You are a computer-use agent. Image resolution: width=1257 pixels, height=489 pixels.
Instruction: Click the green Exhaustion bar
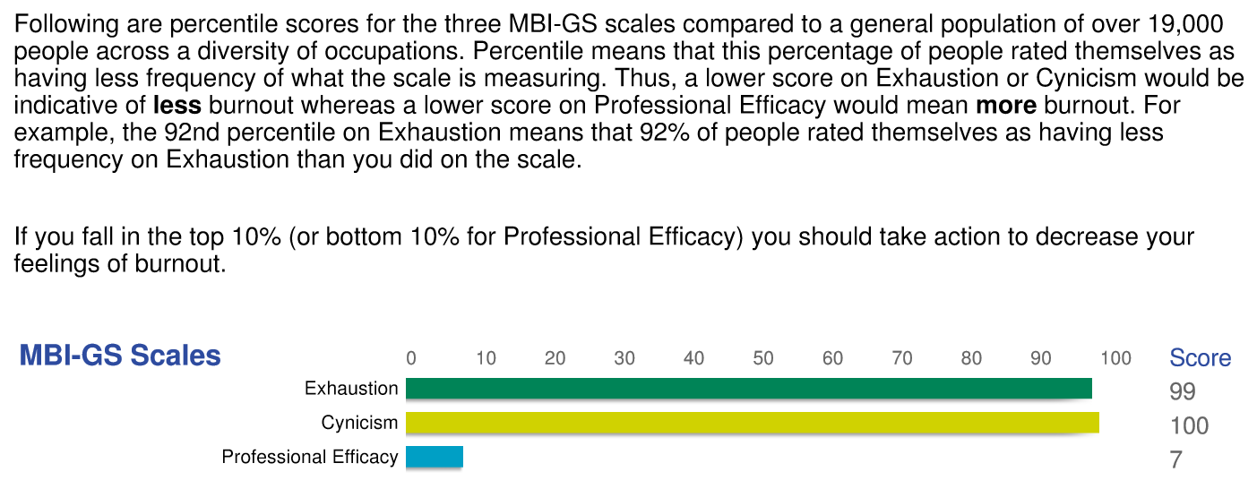pos(748,388)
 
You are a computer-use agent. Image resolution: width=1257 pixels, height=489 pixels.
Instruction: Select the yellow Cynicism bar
pos(753,423)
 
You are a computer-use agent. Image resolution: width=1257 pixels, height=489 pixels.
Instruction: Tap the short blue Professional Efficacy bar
pos(435,457)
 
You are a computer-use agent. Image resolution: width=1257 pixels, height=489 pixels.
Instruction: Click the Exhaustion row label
pos(351,389)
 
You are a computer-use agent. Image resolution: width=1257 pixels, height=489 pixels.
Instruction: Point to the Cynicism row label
pos(359,423)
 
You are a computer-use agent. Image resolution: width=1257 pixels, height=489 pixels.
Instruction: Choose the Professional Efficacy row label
pos(310,457)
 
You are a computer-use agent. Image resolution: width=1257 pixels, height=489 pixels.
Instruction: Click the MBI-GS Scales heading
pos(120,356)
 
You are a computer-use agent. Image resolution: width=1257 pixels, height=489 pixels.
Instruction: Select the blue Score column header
pos(1200,358)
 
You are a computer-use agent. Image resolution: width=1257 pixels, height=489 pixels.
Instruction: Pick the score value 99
pos(1183,391)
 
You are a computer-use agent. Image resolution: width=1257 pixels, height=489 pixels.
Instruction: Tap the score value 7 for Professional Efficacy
pos(1176,460)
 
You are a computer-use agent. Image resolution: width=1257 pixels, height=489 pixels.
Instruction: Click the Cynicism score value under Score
pos(1189,425)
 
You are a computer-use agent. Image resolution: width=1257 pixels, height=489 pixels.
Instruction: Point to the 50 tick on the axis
pos(763,359)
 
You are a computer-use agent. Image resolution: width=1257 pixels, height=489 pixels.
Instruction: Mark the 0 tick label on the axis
pos(411,359)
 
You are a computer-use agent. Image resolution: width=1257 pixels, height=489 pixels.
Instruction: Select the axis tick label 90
pos(1041,359)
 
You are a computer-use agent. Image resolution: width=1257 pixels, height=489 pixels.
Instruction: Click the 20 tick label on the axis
pos(555,359)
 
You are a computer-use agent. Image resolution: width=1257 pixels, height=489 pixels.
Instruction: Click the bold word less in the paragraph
pos(176,106)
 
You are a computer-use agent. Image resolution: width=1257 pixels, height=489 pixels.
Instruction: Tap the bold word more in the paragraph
pos(1005,106)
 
